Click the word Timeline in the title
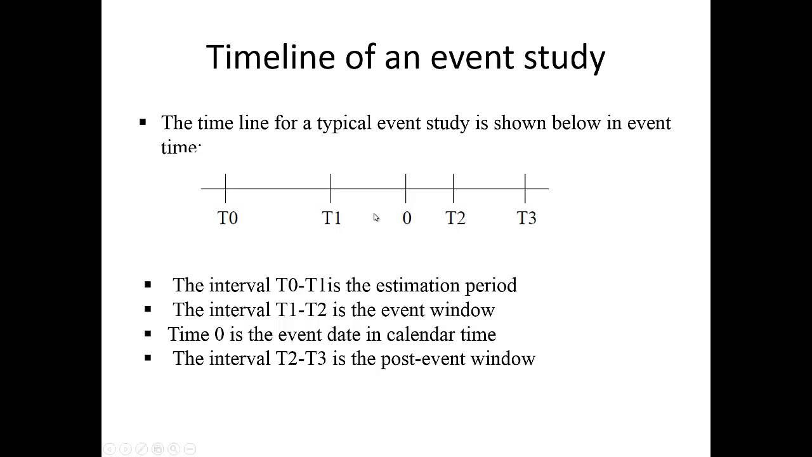[x=270, y=57]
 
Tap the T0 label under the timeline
[x=227, y=218]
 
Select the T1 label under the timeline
[x=332, y=218]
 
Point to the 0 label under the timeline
[x=407, y=218]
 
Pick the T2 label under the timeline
[x=455, y=218]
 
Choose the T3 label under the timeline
[x=527, y=218]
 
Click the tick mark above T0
[x=225, y=188]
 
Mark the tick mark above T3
[x=525, y=188]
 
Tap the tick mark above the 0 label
[x=406, y=188]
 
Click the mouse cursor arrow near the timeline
[x=376, y=218]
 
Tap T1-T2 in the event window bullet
[x=301, y=310]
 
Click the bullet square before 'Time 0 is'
[x=148, y=334]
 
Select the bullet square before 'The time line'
[x=143, y=122]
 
